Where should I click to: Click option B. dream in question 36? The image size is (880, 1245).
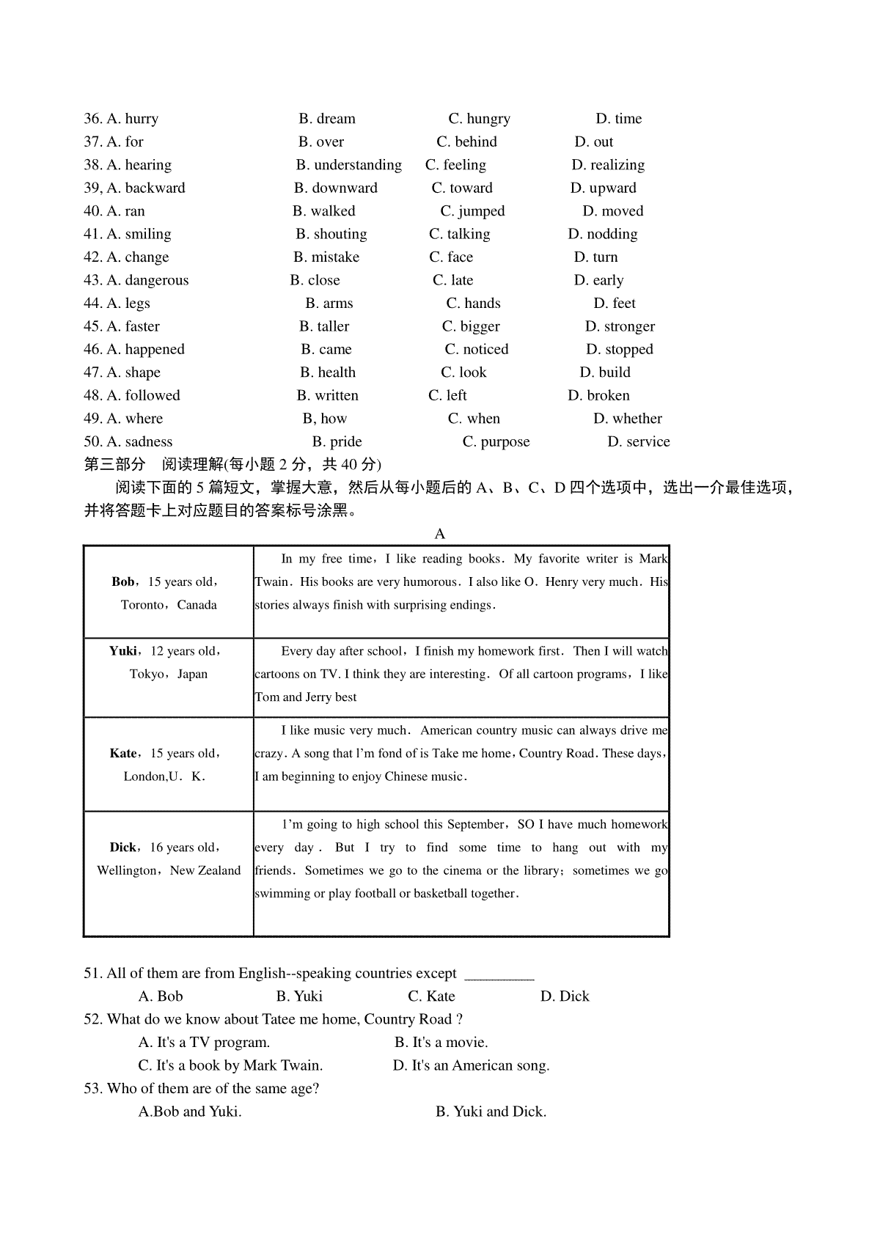327,119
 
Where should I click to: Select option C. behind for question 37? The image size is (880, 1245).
466,142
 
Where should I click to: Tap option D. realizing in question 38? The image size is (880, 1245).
608,165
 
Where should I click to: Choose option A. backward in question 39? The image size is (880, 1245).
146,188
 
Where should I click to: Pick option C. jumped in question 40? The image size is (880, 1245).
472,211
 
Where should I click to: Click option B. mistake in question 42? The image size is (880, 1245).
326,257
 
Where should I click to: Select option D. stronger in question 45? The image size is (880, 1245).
620,326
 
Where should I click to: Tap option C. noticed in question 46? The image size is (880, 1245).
476,350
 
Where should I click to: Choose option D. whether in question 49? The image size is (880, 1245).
627,419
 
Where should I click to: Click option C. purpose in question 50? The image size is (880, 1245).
496,442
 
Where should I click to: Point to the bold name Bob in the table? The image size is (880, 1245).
122,582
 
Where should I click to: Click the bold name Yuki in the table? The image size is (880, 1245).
122,651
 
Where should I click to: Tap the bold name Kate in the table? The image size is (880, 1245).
122,754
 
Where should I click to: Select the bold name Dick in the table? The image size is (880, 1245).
122,848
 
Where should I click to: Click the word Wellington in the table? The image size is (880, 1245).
126,871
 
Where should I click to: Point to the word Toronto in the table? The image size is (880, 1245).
142,606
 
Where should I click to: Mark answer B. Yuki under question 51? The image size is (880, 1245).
299,996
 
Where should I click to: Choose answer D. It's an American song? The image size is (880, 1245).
471,1065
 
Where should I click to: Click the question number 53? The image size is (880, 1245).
93,1089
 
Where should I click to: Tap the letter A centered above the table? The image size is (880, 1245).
440,534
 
